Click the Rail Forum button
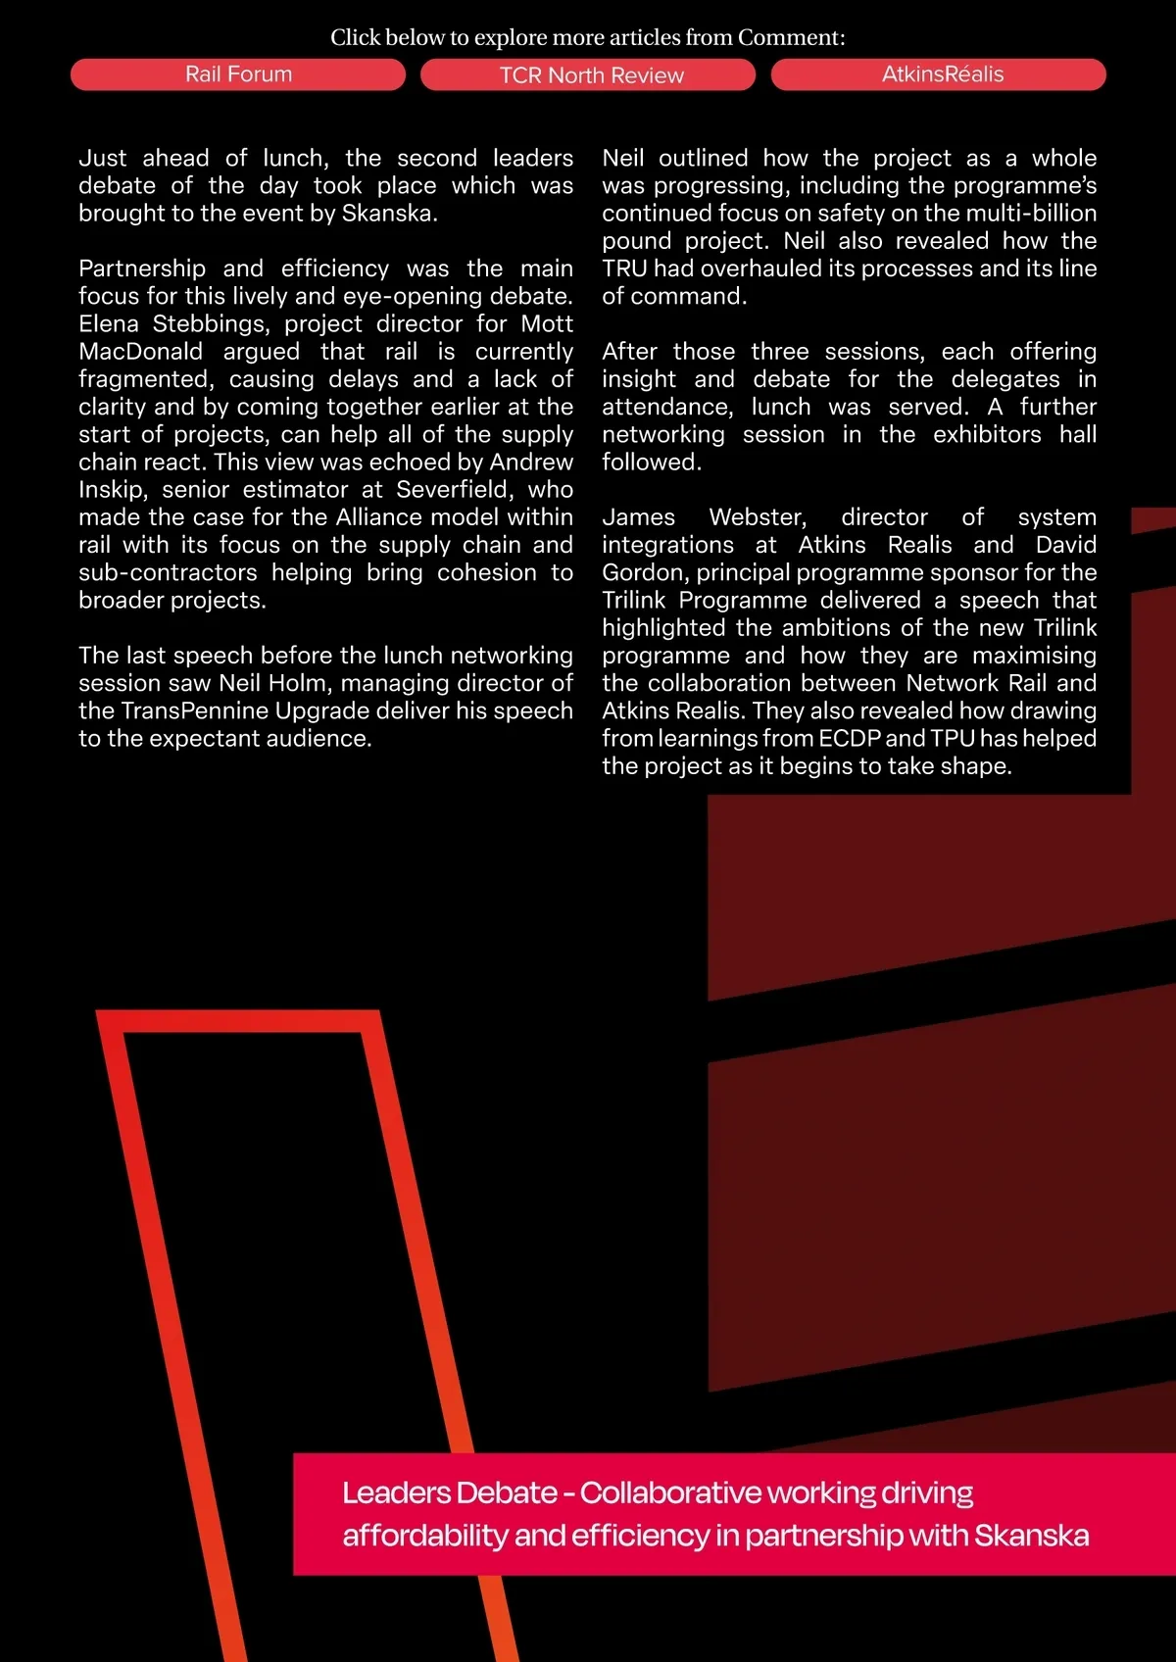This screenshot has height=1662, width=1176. tap(238, 74)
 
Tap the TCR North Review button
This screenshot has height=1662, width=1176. tap(591, 75)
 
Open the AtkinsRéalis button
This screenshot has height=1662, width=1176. tap(942, 74)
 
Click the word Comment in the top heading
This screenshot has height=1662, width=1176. tap(790, 37)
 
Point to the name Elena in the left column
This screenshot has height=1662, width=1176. tap(109, 324)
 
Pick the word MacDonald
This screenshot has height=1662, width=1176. tap(140, 352)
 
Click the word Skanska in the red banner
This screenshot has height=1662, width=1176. tap(1031, 1536)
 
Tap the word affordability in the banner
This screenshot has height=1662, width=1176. tap(424, 1536)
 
